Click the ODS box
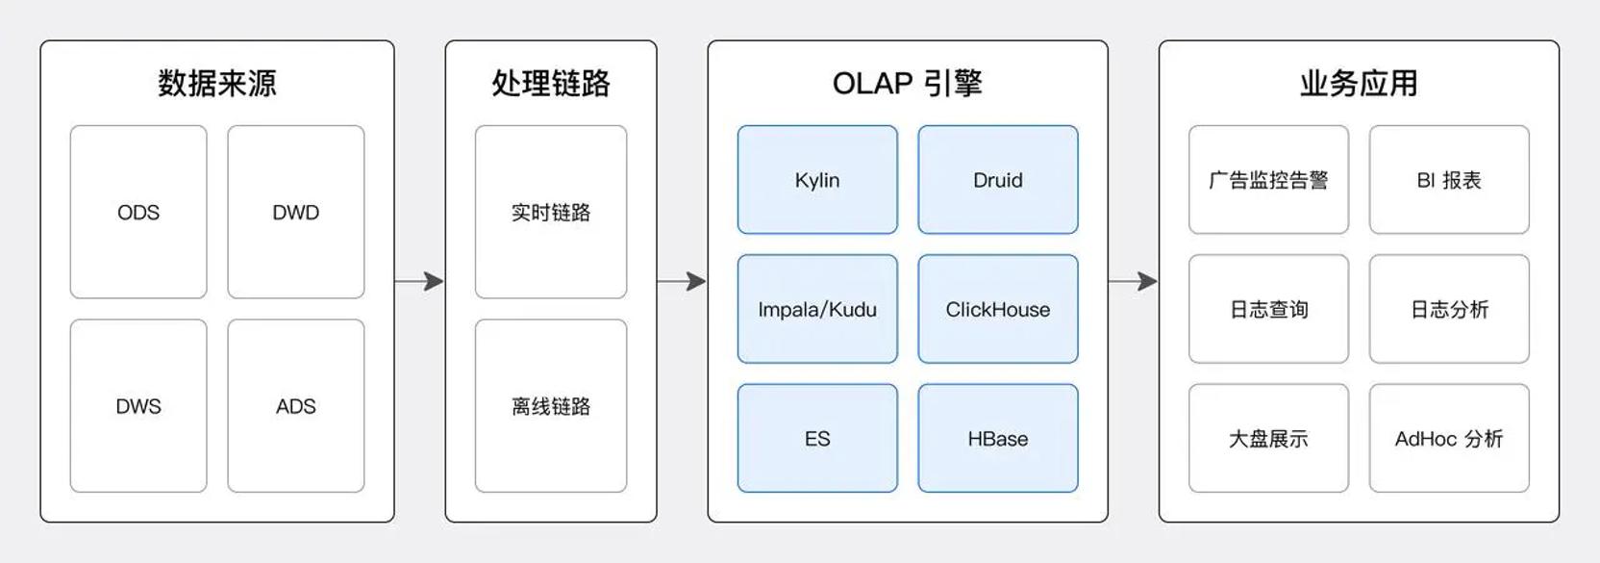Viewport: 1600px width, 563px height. tap(138, 212)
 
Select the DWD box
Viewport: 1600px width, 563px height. tap(296, 212)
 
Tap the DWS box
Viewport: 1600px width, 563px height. tap(138, 406)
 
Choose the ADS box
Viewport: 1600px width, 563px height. tap(296, 406)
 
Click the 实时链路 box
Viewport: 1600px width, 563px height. tap(551, 212)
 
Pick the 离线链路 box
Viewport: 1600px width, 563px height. tap(551, 406)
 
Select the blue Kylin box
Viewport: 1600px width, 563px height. tap(817, 180)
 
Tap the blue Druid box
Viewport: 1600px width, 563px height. tap(998, 180)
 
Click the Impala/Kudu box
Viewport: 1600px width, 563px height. tap(817, 309)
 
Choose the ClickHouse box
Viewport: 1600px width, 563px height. tap(998, 309)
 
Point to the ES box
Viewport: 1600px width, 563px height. tap(817, 438)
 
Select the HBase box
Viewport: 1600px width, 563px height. tap(998, 438)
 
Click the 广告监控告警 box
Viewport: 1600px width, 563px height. tap(1268, 180)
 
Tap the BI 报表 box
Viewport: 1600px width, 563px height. tap(1449, 180)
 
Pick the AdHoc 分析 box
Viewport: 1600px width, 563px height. tap(1449, 438)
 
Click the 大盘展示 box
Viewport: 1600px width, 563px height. tap(1268, 438)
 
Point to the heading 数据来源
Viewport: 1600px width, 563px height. tap(217, 83)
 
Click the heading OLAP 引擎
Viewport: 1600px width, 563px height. tap(908, 83)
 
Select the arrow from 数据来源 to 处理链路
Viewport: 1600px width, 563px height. tap(419, 281)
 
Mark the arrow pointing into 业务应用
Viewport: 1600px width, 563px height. tap(1133, 281)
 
